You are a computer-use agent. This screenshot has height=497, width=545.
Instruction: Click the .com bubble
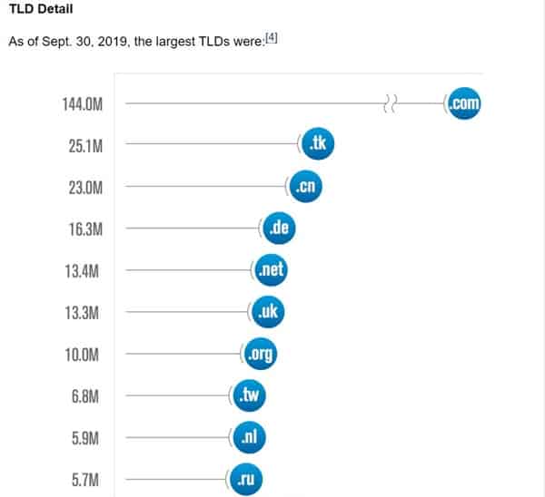pyautogui.click(x=462, y=103)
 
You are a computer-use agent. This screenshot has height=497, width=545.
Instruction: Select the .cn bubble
pyautogui.click(x=305, y=187)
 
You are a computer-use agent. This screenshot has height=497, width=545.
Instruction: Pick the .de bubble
pyautogui.click(x=280, y=229)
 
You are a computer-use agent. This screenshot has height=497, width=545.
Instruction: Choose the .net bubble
pyautogui.click(x=270, y=270)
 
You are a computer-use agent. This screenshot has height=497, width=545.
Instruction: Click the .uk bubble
pyautogui.click(x=268, y=312)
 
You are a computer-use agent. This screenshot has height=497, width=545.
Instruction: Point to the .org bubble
pyautogui.click(x=260, y=354)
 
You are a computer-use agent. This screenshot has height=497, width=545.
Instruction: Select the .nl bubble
pyautogui.click(x=249, y=437)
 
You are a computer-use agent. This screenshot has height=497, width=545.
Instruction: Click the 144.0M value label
pyautogui.click(x=82, y=104)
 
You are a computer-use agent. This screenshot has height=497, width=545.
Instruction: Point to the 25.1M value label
pyautogui.click(x=85, y=146)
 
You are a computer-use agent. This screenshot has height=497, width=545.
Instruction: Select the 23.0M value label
pyautogui.click(x=85, y=188)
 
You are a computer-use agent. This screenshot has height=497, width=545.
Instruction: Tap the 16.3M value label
pyautogui.click(x=85, y=229)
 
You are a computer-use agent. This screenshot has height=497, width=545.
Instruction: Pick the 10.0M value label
pyautogui.click(x=85, y=355)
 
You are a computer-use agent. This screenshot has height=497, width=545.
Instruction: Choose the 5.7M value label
pyautogui.click(x=88, y=479)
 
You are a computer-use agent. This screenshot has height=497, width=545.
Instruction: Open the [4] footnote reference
pyautogui.click(x=270, y=38)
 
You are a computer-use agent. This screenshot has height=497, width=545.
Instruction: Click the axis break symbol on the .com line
pyautogui.click(x=391, y=104)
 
